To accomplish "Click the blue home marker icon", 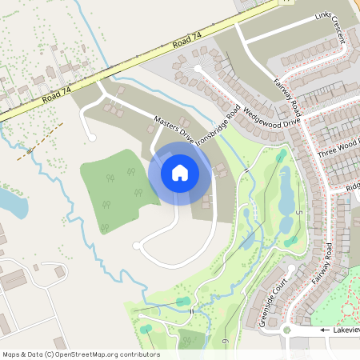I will (180, 172).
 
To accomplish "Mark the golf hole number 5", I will (297, 213).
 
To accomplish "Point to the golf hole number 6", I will (226, 342).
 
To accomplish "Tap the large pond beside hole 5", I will (285, 192).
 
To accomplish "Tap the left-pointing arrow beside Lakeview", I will (325, 330).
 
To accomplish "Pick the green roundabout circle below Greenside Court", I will (286, 329).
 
